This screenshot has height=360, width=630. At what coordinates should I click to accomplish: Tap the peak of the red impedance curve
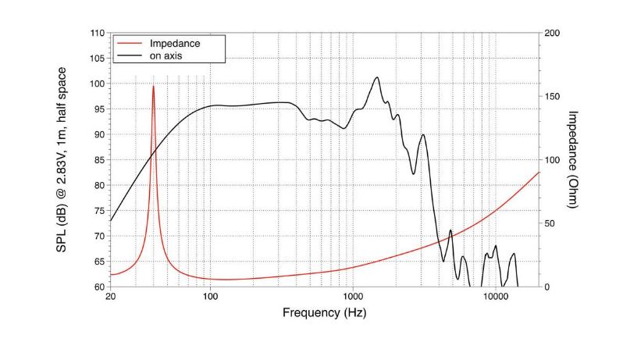pyautogui.click(x=153, y=86)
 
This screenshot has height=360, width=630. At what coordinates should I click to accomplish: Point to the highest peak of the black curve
pyautogui.click(x=377, y=77)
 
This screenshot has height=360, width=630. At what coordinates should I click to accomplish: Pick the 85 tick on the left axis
pyautogui.click(x=99, y=160)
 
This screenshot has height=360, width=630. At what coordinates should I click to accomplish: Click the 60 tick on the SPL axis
pyautogui.click(x=99, y=287)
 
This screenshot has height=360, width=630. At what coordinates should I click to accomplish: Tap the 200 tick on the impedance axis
pyautogui.click(x=553, y=33)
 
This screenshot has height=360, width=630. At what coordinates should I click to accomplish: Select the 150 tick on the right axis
pyautogui.click(x=553, y=96)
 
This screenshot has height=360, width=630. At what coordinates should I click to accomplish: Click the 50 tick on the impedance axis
pyautogui.click(x=550, y=223)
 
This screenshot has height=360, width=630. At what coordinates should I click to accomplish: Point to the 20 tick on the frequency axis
pyautogui.click(x=110, y=298)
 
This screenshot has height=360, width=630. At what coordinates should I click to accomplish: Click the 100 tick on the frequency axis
pyautogui.click(x=210, y=298)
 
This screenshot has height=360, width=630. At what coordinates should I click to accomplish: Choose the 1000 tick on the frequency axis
pyautogui.click(x=352, y=298)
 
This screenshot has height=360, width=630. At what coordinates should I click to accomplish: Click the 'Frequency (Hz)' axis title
pyautogui.click(x=323, y=313)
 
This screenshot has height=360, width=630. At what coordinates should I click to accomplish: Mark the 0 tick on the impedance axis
pyautogui.click(x=547, y=287)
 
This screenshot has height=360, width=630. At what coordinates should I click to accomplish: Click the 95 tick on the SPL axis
pyautogui.click(x=99, y=109)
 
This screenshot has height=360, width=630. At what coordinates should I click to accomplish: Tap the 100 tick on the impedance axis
pyautogui.click(x=553, y=160)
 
